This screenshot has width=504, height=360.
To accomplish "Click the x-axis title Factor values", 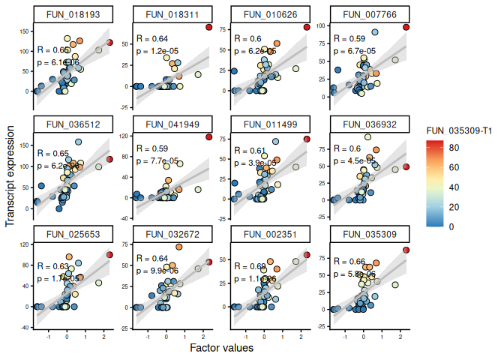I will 221,348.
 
